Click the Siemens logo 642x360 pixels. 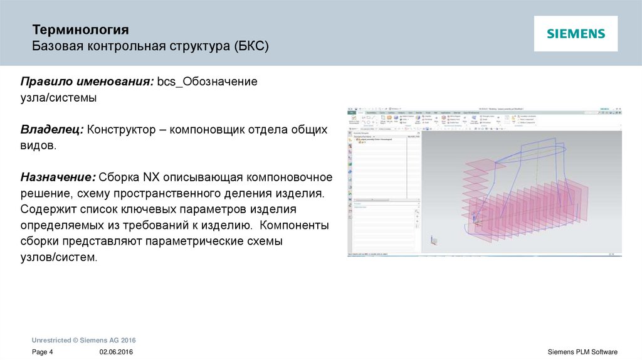tap(576, 34)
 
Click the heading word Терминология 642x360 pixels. tap(81, 29)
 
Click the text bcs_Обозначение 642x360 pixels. tap(207, 83)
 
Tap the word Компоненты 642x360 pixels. tap(295, 225)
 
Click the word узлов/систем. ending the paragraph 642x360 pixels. tap(59, 257)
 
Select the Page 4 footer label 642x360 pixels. tap(43, 352)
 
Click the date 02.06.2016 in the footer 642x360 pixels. tap(116, 352)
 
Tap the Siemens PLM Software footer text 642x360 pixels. tap(582, 352)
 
